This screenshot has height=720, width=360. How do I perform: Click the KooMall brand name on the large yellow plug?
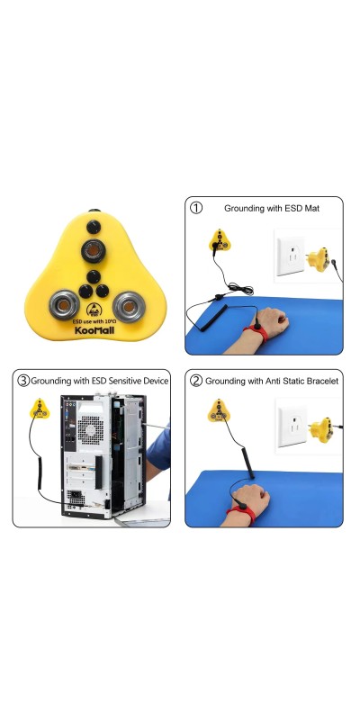tap(96, 329)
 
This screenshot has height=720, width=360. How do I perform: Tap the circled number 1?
tap(196, 208)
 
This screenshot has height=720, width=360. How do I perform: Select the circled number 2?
tap(196, 381)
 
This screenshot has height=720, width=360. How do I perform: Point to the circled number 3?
tap(23, 381)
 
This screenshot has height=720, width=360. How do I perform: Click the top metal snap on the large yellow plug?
tap(94, 251)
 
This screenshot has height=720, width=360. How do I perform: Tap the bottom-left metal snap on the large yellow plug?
tap(65, 305)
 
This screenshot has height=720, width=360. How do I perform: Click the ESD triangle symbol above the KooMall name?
tap(94, 309)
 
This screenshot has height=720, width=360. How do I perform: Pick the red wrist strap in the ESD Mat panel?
tap(257, 332)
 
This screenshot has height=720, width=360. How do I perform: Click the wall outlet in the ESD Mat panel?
tap(291, 256)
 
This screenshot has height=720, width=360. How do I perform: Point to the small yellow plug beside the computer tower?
tap(40, 409)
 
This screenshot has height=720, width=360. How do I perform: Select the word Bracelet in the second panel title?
tap(322, 381)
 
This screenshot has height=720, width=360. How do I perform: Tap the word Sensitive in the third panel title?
tap(127, 381)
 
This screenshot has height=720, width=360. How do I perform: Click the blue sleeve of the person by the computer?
tap(160, 447)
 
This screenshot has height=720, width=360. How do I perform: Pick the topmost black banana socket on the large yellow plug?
tap(94, 227)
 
